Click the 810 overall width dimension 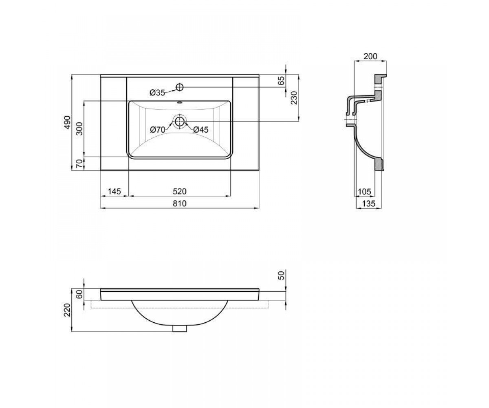coord(180,203)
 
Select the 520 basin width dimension coord(180,191)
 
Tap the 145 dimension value coord(114,191)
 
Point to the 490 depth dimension coord(67,122)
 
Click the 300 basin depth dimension coord(79,129)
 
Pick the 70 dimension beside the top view coord(79,163)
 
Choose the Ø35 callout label coord(157,93)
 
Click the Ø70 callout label coord(157,129)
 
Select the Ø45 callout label coord(201,129)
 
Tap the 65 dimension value coord(282,80)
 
